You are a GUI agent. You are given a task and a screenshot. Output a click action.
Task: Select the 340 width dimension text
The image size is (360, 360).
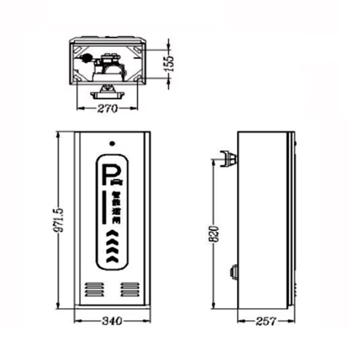point(113,320)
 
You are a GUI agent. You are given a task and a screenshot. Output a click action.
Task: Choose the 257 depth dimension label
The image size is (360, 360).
point(266,320)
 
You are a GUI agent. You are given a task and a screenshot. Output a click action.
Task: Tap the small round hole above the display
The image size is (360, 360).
point(112,144)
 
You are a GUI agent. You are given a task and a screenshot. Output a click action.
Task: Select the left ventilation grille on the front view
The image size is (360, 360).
point(92,289)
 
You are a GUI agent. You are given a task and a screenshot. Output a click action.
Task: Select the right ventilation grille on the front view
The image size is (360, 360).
point(130,289)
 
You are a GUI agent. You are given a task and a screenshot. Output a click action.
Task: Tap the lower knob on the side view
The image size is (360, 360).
point(233,272)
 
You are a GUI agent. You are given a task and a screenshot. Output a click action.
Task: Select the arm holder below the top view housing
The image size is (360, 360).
point(108,92)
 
